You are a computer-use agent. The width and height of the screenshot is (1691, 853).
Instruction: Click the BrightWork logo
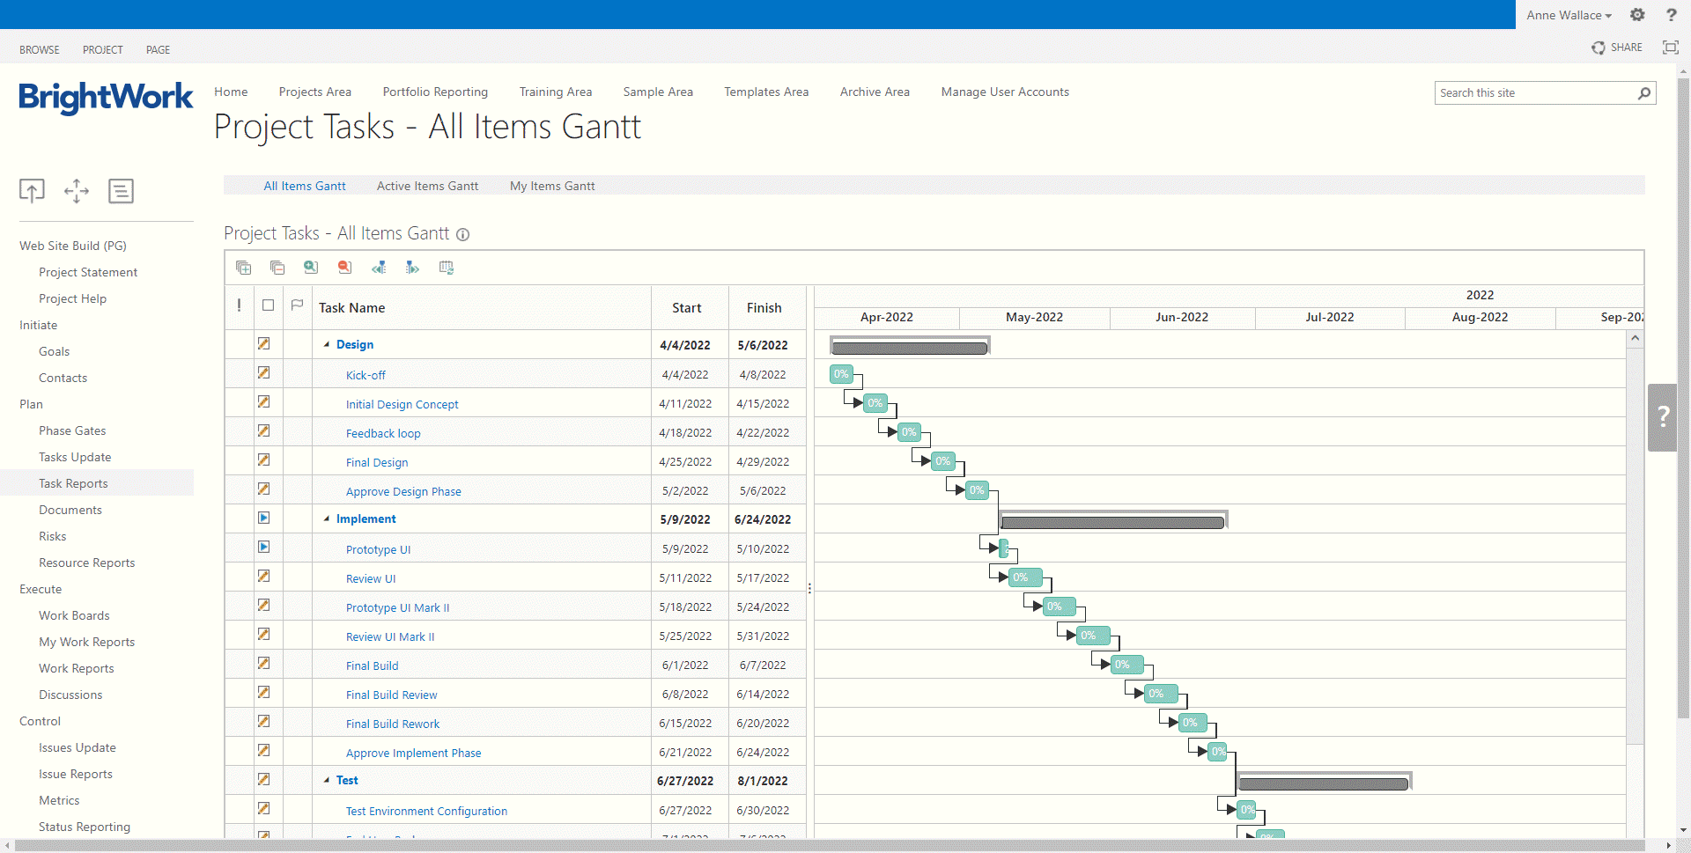point(106,97)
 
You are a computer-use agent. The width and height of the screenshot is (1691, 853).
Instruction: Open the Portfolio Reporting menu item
point(435,92)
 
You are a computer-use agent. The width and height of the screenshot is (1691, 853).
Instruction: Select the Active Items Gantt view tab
point(427,186)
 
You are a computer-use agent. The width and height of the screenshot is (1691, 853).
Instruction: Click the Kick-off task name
point(366,375)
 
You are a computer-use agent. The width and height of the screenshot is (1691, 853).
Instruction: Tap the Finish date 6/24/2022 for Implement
point(763,519)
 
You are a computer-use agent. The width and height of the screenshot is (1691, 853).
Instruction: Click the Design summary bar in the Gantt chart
point(909,348)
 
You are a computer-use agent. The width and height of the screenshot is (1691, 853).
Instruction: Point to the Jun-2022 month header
point(1181,317)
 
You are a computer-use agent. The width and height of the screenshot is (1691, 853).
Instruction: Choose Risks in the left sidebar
point(53,536)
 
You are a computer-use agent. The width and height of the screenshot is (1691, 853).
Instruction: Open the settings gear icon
point(1637,15)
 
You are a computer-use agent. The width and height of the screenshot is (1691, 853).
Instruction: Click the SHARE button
point(1617,48)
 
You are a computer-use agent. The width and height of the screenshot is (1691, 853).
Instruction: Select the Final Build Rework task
point(393,724)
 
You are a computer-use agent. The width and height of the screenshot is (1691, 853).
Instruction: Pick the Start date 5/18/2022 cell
point(685,607)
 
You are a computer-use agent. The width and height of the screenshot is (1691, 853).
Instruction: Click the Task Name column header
point(352,308)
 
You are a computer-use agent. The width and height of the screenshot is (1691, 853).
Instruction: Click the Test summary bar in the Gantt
point(1323,783)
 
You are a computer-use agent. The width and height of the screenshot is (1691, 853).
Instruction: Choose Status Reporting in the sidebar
point(85,827)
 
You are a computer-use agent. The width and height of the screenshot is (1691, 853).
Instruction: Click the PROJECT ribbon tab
point(103,50)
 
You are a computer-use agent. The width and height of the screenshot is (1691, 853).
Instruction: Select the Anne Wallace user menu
point(1569,15)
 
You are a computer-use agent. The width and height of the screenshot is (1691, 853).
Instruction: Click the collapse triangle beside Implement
point(327,519)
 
